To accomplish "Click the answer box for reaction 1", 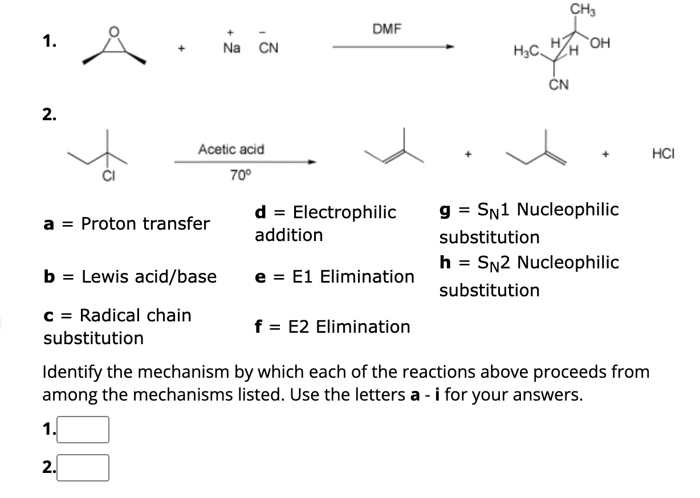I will pos(83,430).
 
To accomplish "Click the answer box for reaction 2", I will pos(83,468).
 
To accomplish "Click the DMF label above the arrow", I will pos(387,29).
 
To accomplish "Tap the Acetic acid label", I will pos(231,149).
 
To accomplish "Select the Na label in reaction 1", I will pos(231,49).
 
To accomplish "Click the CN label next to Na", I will pos(268,49).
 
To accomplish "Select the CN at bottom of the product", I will pos(559,85).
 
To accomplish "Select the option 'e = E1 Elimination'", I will pos(335,277).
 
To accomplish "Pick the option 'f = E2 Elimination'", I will pos(332,327).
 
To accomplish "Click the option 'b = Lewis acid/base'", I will pos(131,277).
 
